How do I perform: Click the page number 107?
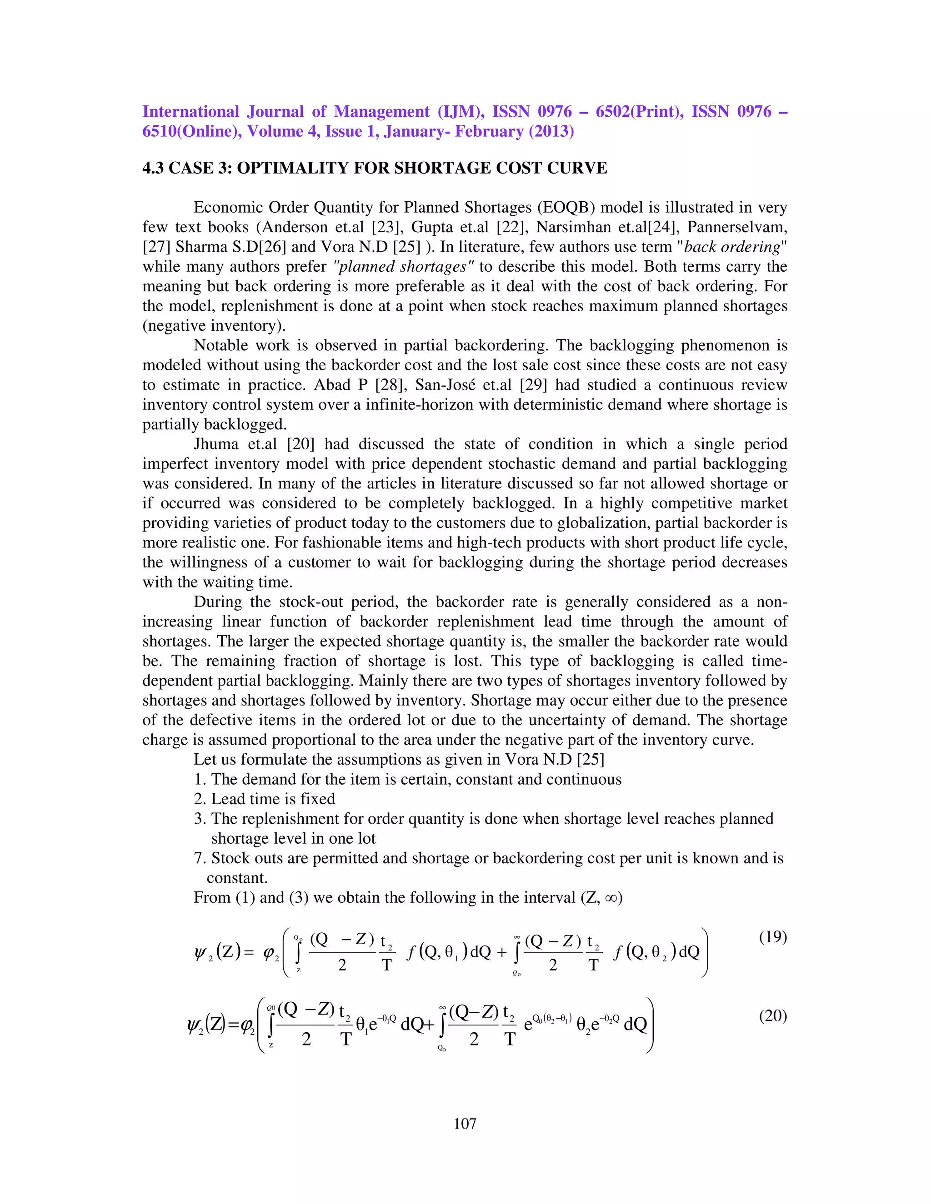465,1124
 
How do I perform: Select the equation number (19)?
773,937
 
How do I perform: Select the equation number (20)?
773,1015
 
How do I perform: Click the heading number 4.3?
153,168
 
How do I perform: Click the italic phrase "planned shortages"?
404,267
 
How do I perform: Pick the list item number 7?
199,858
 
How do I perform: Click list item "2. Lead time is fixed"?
265,799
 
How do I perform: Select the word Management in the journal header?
381,111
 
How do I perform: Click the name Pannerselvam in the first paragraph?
736,227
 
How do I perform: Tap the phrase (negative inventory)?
214,326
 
